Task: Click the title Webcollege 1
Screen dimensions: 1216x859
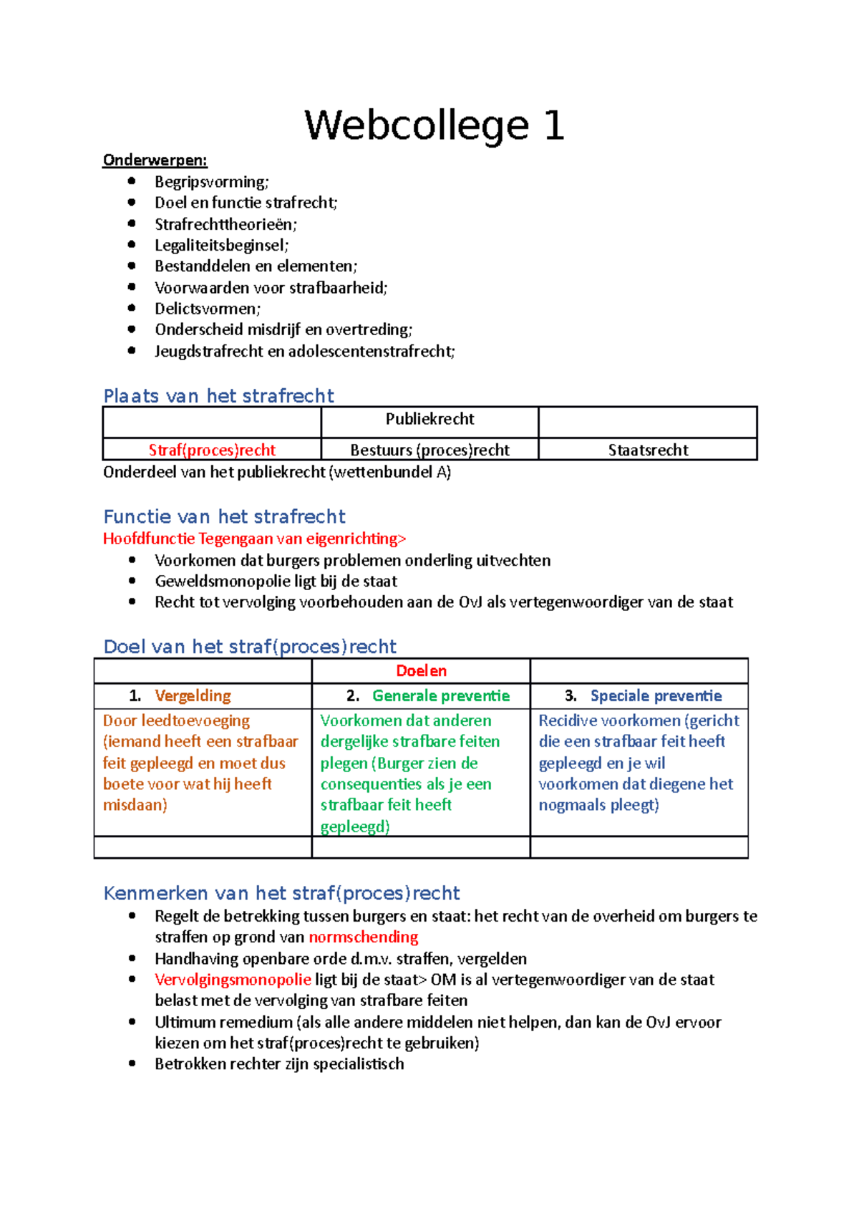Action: pyautogui.click(x=434, y=125)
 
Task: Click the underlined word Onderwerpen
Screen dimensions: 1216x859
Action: pyautogui.click(x=155, y=160)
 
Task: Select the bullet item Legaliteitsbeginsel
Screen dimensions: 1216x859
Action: pyautogui.click(x=221, y=245)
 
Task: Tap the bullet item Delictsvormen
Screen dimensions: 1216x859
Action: pyautogui.click(x=208, y=309)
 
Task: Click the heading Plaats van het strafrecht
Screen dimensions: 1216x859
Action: pyautogui.click(x=218, y=396)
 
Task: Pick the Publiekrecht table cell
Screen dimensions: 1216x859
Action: pyautogui.click(x=429, y=420)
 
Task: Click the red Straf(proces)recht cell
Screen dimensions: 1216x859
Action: pyautogui.click(x=212, y=450)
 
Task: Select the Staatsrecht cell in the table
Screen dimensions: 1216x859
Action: pyautogui.click(x=648, y=450)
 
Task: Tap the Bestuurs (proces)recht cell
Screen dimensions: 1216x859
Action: pyautogui.click(x=429, y=450)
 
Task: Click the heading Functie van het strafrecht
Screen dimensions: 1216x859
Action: pyautogui.click(x=224, y=516)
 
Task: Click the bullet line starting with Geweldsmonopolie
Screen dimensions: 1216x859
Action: pyautogui.click(x=276, y=581)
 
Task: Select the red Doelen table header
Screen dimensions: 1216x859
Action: pyautogui.click(x=421, y=671)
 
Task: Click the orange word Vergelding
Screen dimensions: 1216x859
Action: pyautogui.click(x=193, y=695)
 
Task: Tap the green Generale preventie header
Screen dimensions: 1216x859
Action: pyautogui.click(x=440, y=695)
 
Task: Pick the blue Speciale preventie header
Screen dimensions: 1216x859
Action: pyautogui.click(x=656, y=695)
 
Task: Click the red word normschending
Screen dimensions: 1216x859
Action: pyautogui.click(x=363, y=937)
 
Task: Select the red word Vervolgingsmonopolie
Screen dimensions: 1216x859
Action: pyautogui.click(x=233, y=979)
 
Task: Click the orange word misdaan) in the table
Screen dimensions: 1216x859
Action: pyautogui.click(x=135, y=805)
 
